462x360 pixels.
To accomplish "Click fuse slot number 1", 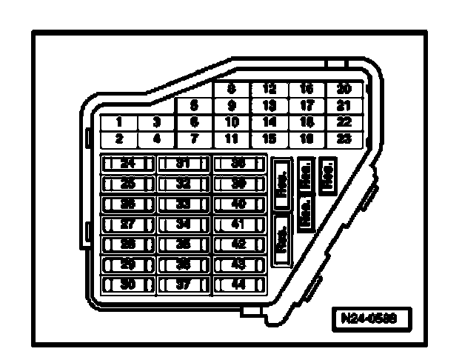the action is [x=118, y=122].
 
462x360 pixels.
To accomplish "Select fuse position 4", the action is [x=156, y=138].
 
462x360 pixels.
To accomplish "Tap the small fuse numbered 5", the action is [x=194, y=106].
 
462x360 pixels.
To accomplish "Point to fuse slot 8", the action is [x=232, y=89].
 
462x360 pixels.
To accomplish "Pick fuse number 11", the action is [x=232, y=138].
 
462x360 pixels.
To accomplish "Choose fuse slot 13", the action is [x=269, y=105].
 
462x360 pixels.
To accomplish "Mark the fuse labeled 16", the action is [x=307, y=89].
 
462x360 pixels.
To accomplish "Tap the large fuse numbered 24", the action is [x=128, y=164].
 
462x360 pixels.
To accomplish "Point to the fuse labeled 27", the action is [x=128, y=224].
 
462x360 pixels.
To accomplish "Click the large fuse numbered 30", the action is [x=128, y=284].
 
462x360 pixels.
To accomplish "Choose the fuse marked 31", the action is [x=184, y=164].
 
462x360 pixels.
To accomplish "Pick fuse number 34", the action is [x=184, y=224].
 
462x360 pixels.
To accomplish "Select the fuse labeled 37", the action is [x=184, y=284].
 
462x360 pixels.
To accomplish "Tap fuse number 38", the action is [x=239, y=164].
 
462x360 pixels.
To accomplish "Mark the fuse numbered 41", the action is [x=239, y=224].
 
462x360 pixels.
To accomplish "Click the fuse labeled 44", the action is [x=239, y=284].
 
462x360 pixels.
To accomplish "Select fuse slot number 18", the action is [x=307, y=121].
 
